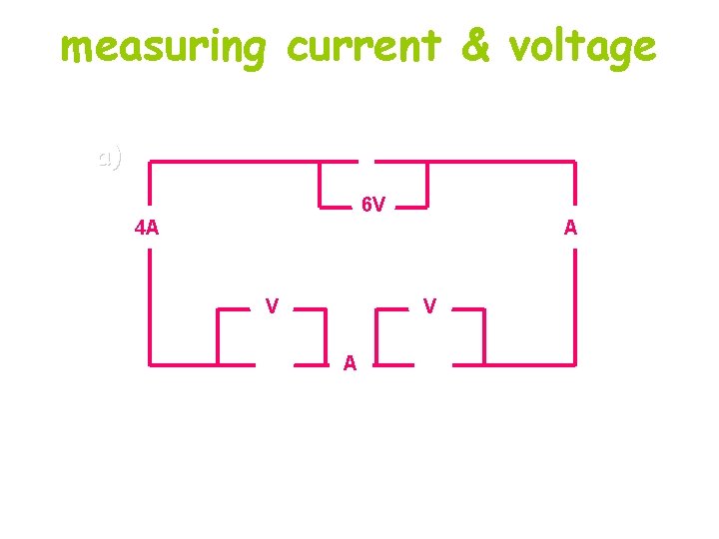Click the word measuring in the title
click(164, 47)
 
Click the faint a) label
click(110, 157)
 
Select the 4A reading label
click(147, 228)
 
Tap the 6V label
click(373, 206)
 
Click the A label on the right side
click(570, 228)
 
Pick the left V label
click(271, 304)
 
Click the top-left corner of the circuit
click(151, 161)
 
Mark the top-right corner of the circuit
click(575, 161)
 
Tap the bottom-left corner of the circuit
click(151, 364)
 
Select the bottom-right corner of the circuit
click(575, 363)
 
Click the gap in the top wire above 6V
click(366, 161)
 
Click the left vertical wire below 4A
click(151, 299)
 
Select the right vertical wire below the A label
click(575, 299)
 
